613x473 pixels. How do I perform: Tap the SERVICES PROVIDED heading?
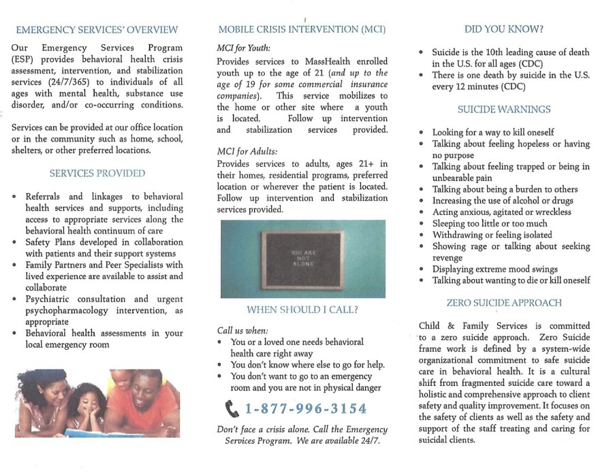tap(97, 173)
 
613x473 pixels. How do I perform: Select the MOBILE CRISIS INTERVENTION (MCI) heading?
tap(301, 29)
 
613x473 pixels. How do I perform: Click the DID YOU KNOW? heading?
tap(504, 29)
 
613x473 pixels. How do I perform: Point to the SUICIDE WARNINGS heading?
tap(504, 109)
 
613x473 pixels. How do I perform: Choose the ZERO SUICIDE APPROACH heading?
tap(504, 303)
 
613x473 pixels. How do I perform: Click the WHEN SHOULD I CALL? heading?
tap(302, 310)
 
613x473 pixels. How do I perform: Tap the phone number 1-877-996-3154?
tap(305, 409)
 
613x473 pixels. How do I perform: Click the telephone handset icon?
tap(232, 408)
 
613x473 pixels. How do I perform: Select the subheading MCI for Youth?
tap(243, 48)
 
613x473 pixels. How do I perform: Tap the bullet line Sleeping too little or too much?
tap(489, 223)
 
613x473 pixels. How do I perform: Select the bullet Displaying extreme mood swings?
tap(494, 269)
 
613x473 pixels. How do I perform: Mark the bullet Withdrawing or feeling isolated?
tap(492, 235)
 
